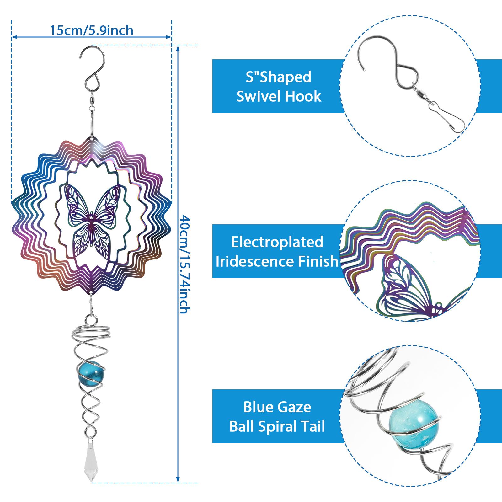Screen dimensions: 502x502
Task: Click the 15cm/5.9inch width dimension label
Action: click(92, 30)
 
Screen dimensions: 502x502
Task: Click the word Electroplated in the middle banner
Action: click(277, 242)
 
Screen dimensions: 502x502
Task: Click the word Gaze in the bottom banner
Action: click(295, 407)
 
